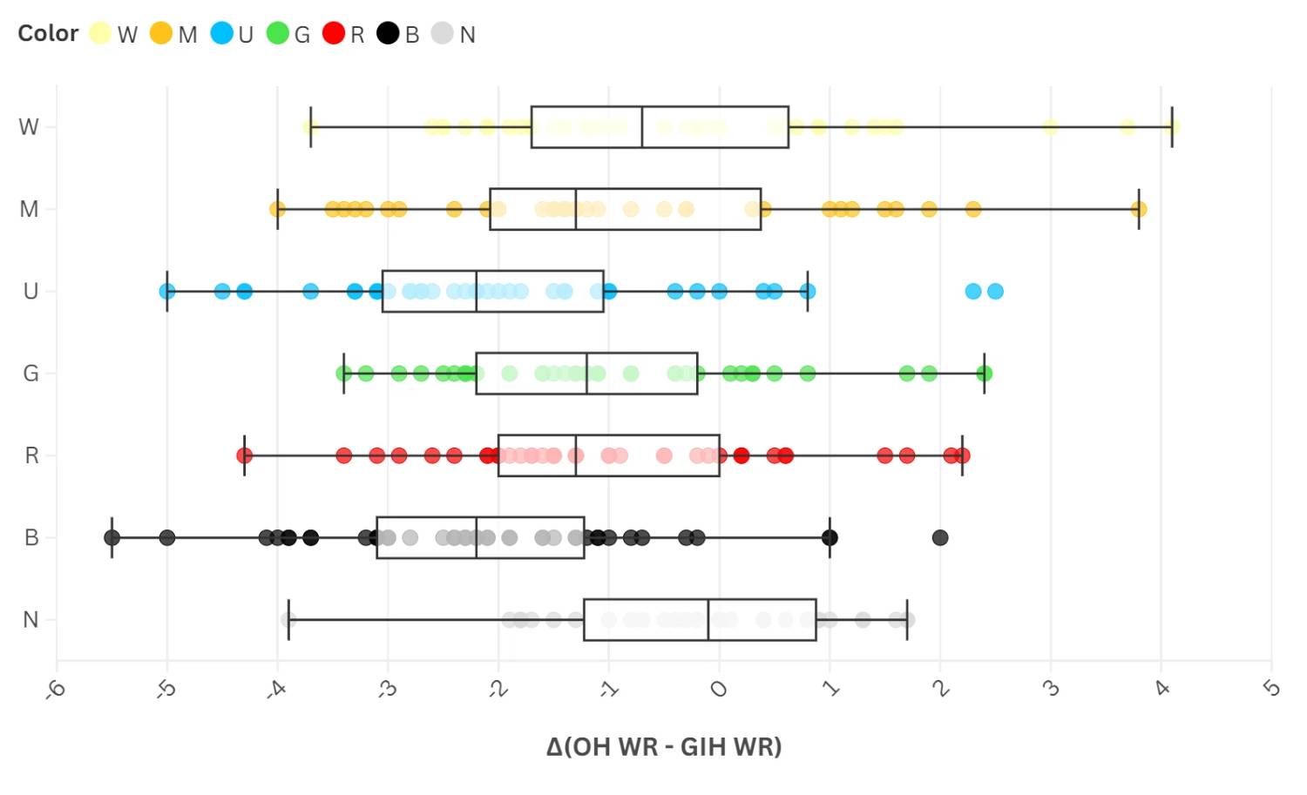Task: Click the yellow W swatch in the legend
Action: [100, 33]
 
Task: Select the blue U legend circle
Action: [222, 33]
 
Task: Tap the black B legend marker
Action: [388, 33]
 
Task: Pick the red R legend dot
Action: [334, 33]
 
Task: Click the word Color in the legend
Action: [48, 33]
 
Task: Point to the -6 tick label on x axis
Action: [56, 689]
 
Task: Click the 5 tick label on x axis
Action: [1271, 689]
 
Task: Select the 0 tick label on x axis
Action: [719, 689]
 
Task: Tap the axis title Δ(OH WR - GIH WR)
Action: [664, 746]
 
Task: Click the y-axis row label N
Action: [30, 619]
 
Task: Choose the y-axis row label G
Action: [30, 374]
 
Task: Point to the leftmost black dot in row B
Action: [112, 537]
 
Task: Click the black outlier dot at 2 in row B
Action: [940, 537]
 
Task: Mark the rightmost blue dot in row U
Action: [995, 291]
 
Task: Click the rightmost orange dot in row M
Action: [1139, 209]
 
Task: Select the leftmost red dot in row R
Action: [245, 455]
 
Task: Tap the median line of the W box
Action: [642, 127]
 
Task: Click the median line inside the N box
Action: [708, 619]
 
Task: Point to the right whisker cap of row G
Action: [985, 374]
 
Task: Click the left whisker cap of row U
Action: [167, 291]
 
